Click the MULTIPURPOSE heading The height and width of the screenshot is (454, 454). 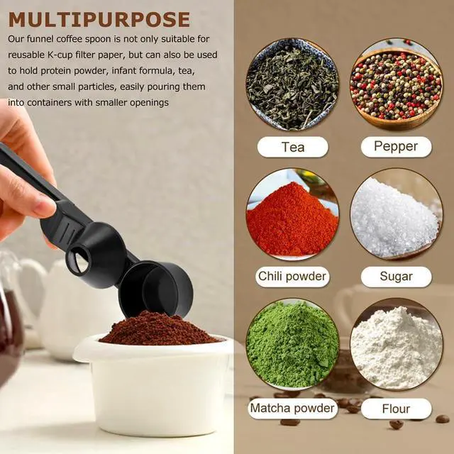(x=99, y=19)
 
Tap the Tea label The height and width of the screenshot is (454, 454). (x=293, y=147)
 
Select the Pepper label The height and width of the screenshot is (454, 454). (x=396, y=147)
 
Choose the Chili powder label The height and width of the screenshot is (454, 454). (x=292, y=277)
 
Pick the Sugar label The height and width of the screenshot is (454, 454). (x=396, y=277)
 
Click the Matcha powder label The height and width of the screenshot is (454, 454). (x=292, y=409)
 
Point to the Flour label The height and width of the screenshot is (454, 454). (x=396, y=409)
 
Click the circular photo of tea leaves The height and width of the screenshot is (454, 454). (x=292, y=84)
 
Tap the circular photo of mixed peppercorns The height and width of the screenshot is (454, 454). (x=397, y=84)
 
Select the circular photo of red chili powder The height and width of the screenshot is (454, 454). (x=292, y=214)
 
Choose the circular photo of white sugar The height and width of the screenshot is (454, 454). (x=397, y=214)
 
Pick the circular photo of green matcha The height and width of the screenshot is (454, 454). (x=292, y=345)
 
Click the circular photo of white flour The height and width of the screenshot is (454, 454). (x=397, y=345)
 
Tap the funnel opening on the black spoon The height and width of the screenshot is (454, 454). (x=79, y=259)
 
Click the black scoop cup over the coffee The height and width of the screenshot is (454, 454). (x=156, y=289)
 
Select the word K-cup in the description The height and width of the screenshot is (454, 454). (x=60, y=55)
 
